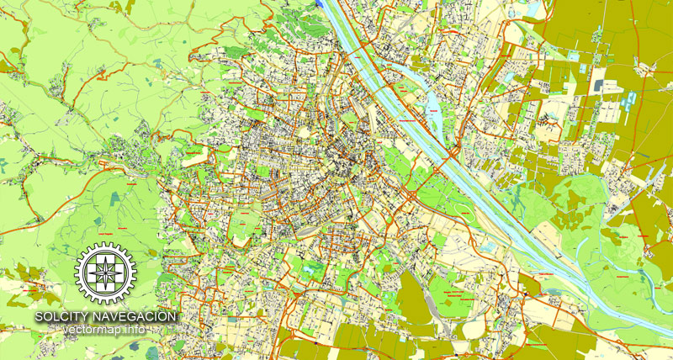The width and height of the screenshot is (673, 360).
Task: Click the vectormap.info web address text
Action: click(105, 329)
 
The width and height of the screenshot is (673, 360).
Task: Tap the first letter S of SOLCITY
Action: click(39, 316)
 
